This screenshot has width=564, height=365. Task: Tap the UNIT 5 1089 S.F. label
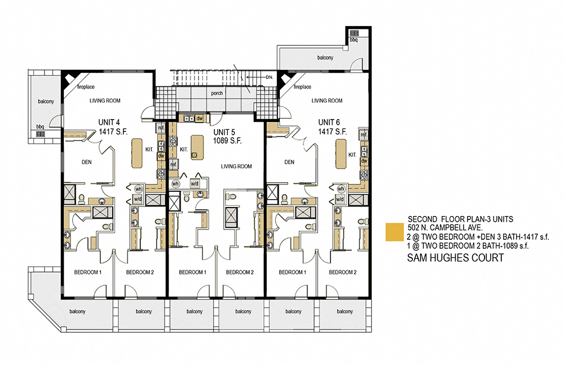coord(227,137)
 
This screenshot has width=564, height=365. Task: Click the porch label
coord(218,94)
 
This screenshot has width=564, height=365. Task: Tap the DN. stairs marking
coord(270,77)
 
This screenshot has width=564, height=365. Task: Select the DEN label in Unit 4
coord(86,162)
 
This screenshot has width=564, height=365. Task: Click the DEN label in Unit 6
coord(289,162)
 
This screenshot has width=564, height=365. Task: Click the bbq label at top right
coord(354,40)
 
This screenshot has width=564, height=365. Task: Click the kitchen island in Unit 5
coord(197,146)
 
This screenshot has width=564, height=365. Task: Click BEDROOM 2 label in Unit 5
coord(240,272)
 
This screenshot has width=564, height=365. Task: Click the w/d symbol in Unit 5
coord(194,183)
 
